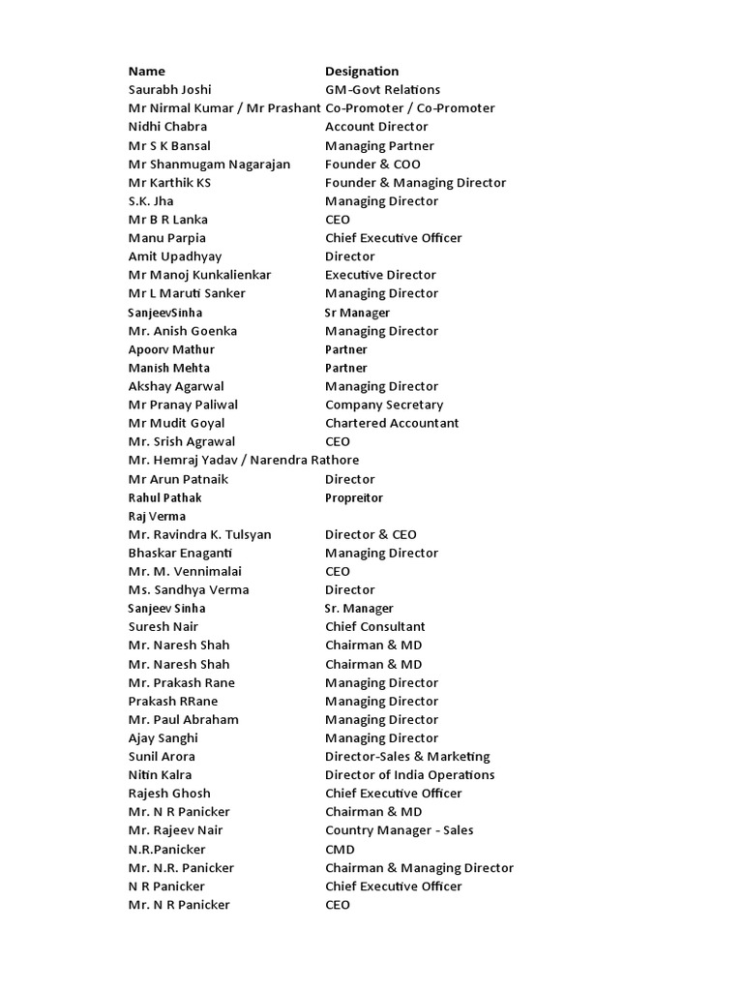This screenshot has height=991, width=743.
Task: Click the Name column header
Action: click(x=147, y=71)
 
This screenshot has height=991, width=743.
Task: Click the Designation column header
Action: click(x=362, y=71)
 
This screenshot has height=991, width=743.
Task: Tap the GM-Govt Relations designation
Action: click(x=382, y=89)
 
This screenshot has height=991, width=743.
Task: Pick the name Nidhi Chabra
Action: click(x=167, y=127)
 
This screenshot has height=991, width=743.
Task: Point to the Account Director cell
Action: click(x=376, y=127)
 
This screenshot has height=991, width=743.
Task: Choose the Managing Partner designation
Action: click(x=379, y=145)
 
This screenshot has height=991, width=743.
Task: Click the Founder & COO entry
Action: click(x=372, y=164)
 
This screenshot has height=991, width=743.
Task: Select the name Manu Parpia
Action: click(x=166, y=238)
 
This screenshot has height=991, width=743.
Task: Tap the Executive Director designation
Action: click(x=380, y=275)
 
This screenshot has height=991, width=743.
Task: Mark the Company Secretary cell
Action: click(x=384, y=405)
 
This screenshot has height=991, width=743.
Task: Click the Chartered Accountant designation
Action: click(x=392, y=423)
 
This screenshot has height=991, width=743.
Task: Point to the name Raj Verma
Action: click(x=157, y=516)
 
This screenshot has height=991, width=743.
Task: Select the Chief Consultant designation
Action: click(x=374, y=627)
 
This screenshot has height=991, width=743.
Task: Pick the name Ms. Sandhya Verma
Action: click(x=189, y=589)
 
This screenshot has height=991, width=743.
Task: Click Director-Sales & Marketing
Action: click(x=407, y=757)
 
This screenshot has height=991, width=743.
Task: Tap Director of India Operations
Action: click(x=409, y=775)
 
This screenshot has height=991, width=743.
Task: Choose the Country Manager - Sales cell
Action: click(x=399, y=830)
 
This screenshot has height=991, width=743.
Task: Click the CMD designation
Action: click(x=340, y=850)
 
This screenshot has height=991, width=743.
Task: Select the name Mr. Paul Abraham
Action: click(x=183, y=719)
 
